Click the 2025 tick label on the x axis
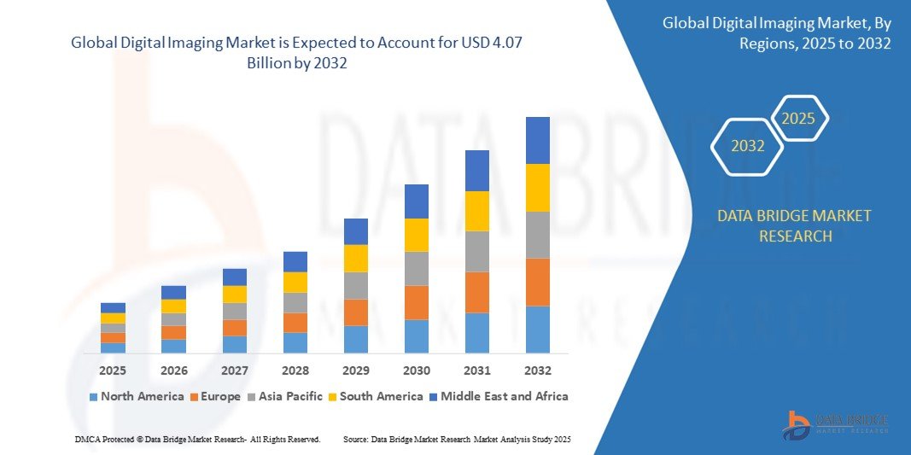tap(113, 370)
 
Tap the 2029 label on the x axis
tap(355, 370)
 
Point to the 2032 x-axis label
tap(537, 370)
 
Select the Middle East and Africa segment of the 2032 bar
tap(537, 140)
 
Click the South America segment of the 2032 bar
tap(537, 188)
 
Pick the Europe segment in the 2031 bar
tap(476, 292)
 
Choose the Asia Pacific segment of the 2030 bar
tap(416, 268)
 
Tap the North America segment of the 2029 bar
tap(355, 339)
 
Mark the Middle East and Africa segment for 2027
tap(234, 277)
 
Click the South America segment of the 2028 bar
tap(295, 283)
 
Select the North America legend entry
tap(136, 396)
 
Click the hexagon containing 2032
tap(748, 146)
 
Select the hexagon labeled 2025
tap(798, 119)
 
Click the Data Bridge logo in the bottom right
tap(836, 424)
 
